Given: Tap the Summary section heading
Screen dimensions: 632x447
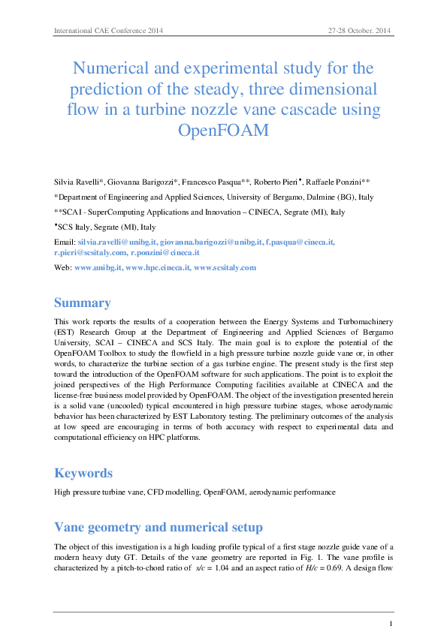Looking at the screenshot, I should pos(83,303).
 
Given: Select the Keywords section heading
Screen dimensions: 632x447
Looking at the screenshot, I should pos(83,473).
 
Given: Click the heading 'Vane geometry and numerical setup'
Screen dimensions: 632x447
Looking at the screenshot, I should pos(158,526).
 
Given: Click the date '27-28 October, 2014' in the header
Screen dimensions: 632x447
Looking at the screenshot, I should pos(360,31).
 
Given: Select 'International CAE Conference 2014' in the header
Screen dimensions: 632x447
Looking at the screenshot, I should pos(108,31).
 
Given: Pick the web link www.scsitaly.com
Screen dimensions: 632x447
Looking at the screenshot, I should pos(225,267).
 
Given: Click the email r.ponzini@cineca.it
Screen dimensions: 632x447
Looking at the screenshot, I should pos(165,254).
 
